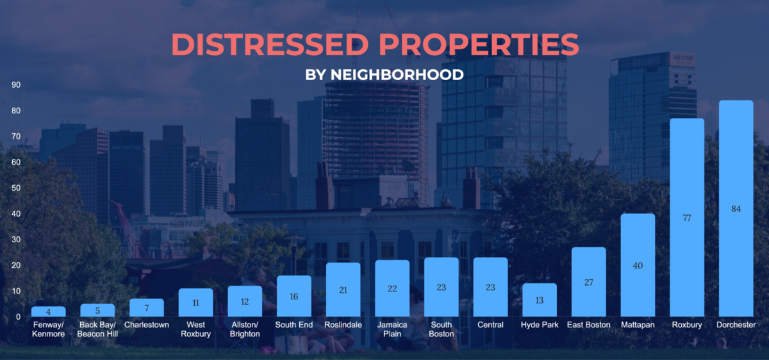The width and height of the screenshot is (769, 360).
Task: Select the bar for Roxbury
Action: [687, 217]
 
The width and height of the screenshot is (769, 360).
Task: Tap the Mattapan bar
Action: [638, 265]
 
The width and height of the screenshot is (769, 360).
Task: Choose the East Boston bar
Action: [588, 282]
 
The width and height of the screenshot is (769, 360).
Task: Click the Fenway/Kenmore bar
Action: [49, 311]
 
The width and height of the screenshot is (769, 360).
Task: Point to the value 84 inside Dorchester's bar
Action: [736, 209]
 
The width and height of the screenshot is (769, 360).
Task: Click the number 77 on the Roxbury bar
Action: [687, 218]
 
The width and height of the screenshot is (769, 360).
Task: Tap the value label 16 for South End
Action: [294, 297]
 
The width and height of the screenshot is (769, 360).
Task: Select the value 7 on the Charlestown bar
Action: [147, 308]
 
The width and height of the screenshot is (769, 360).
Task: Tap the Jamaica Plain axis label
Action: [392, 329]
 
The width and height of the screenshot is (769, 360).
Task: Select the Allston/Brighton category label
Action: [245, 329]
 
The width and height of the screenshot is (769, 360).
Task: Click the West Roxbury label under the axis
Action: [195, 329]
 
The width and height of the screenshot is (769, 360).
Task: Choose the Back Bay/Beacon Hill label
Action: [97, 329]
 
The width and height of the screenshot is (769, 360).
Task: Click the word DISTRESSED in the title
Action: [270, 45]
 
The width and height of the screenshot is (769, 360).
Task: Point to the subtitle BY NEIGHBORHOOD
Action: [384, 75]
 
